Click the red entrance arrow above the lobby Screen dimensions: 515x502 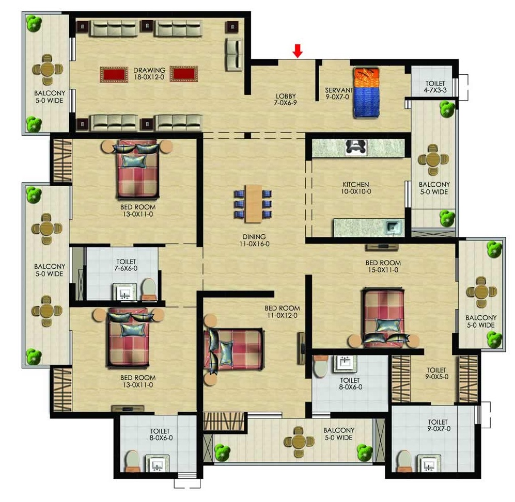298,51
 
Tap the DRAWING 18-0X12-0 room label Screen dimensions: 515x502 149,74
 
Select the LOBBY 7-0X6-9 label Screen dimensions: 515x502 286,100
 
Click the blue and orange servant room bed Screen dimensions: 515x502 366,92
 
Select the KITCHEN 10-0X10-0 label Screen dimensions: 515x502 356,188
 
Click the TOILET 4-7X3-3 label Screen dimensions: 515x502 435,87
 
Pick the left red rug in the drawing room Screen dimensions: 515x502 114,75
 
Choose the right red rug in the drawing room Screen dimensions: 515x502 184,74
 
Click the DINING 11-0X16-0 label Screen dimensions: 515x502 254,240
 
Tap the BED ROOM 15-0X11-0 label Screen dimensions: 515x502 383,266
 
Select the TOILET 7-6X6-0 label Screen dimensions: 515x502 126,265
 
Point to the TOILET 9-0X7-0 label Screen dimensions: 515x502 438,425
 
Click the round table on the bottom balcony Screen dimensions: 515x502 299,442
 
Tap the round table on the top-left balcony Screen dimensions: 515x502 48,69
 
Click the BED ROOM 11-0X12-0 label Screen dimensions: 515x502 282,312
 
